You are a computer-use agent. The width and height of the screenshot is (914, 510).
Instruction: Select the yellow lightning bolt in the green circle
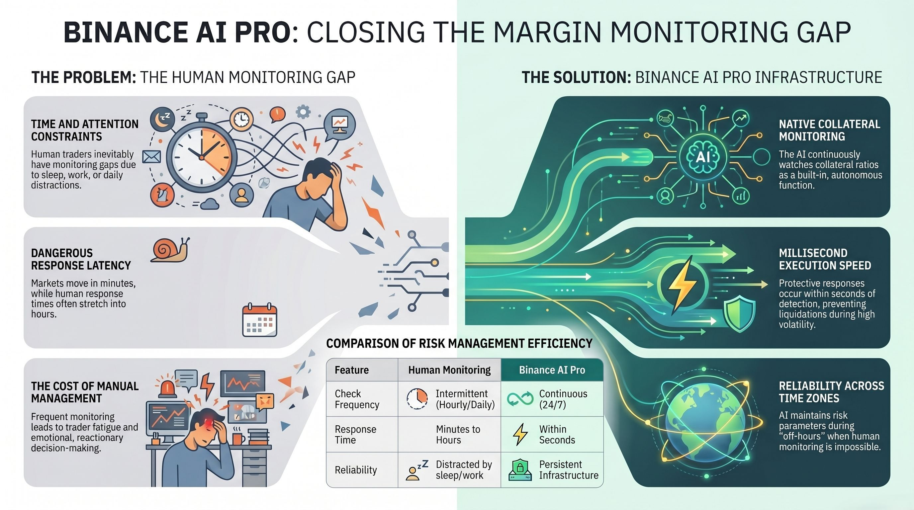click(x=682, y=285)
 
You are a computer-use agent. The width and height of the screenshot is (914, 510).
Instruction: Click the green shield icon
click(x=739, y=314)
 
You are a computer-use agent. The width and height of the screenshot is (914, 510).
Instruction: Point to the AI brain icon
click(x=703, y=156)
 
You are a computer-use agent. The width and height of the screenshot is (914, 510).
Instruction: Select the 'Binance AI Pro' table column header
click(x=552, y=370)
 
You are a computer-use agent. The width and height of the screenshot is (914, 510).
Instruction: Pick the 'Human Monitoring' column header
click(x=449, y=370)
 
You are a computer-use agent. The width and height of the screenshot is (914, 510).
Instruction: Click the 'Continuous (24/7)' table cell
click(x=563, y=399)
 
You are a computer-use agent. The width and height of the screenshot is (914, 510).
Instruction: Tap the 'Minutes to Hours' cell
click(x=458, y=434)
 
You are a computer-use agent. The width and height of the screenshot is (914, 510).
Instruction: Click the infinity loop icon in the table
click(x=520, y=399)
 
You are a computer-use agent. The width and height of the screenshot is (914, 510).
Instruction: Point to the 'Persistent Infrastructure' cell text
click(x=568, y=470)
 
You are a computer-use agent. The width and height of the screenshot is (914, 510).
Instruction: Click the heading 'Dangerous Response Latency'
click(x=81, y=259)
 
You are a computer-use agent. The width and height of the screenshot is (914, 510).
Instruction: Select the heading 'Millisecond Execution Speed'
click(x=825, y=259)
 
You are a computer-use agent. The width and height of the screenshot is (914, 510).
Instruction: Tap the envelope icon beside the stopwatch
click(x=151, y=156)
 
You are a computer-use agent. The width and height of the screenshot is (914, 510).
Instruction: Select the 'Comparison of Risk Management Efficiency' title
click(x=459, y=343)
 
